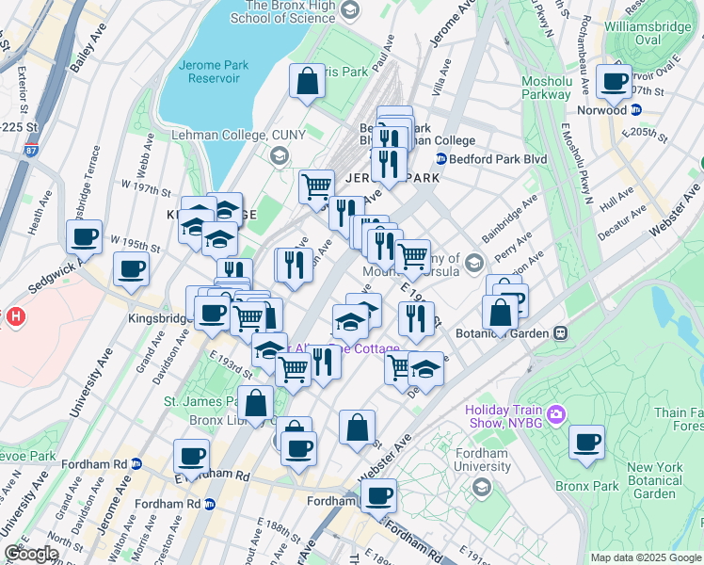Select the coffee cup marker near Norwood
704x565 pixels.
coord(614,82)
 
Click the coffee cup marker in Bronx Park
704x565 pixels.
coord(587,442)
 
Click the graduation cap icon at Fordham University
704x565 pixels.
coord(482,486)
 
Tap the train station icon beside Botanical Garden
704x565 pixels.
coord(560,332)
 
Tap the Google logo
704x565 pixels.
coord(31,554)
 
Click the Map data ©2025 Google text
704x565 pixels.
coord(646,557)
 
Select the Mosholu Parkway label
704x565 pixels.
coord(546,88)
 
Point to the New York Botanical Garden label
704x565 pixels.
coord(655,480)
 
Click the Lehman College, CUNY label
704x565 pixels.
coord(238,135)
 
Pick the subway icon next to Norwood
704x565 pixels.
coord(635,109)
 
